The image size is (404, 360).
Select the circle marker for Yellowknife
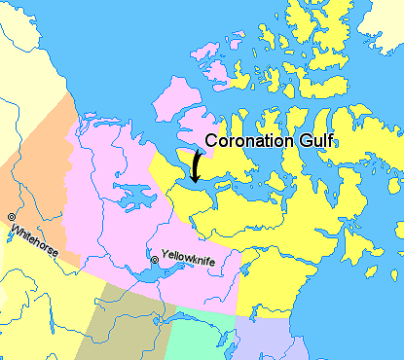(154, 260)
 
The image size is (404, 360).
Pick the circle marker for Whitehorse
(11, 216)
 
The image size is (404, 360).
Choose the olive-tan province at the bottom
(127, 326)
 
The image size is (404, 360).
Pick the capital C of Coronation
(210, 142)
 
